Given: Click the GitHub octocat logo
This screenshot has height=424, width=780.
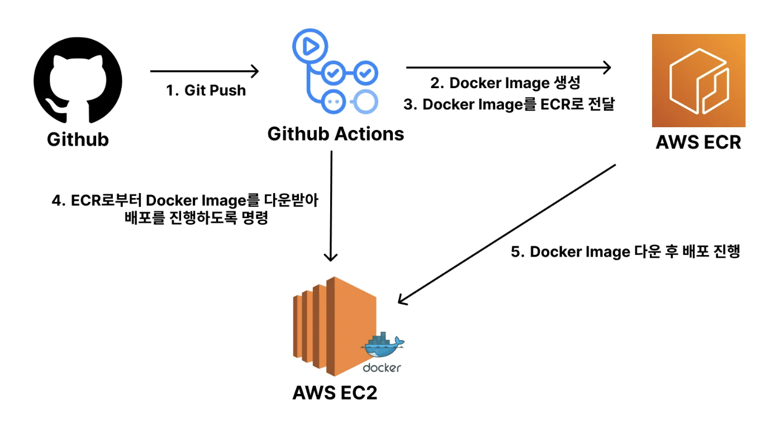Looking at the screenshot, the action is coord(78,80).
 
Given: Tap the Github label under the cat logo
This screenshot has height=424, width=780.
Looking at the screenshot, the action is coord(78,139).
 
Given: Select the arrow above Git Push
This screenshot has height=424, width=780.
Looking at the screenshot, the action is coord(204,71).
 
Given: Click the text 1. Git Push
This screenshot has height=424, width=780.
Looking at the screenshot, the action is coord(206,90).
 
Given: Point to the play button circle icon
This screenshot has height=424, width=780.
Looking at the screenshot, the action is coord(310,46).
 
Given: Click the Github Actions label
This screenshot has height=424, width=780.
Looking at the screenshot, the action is coord(336,134).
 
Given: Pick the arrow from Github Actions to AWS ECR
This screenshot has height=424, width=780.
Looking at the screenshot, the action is coord(508,67).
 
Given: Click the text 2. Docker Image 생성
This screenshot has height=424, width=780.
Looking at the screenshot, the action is coord(505,83).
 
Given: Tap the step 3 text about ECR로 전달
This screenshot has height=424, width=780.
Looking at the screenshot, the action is coord(509,104).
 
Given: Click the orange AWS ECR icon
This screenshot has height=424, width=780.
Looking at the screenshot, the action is coord(698,80).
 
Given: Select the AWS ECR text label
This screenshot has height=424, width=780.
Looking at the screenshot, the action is coord(698,142).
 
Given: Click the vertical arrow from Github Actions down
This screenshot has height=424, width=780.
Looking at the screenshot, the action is coord(331,206).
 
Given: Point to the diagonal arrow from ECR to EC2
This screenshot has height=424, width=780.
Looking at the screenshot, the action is coord(507,234).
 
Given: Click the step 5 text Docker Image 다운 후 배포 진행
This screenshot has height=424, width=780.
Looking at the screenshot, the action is coord(625,252).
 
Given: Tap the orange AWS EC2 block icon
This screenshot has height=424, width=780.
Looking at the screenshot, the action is coord(334,326).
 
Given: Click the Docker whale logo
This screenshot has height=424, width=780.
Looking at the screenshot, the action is coord(382,345).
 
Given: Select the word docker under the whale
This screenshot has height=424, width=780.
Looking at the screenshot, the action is coord(382,368).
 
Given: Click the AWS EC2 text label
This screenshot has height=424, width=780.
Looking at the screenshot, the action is coord(335,393).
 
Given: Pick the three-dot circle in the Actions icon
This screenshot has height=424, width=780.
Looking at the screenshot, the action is coord(333,102).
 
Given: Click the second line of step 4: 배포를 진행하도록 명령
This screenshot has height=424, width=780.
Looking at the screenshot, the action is coord(196,218).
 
